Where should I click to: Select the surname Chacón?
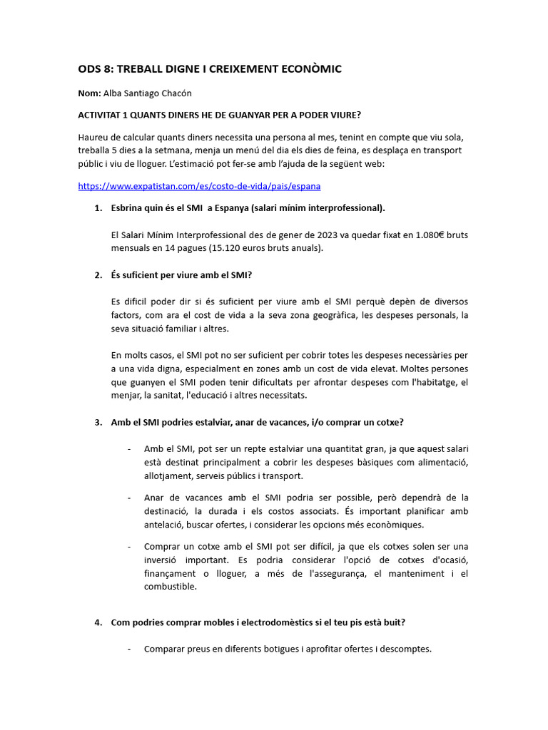[x=175, y=93]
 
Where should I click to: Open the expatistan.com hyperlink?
[x=199, y=186]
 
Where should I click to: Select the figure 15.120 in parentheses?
[x=231, y=248]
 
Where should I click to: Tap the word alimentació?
[x=440, y=462]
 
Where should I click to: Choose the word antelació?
[x=163, y=525]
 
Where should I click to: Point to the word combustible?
[x=170, y=587]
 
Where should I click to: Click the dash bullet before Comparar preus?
[x=128, y=649]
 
